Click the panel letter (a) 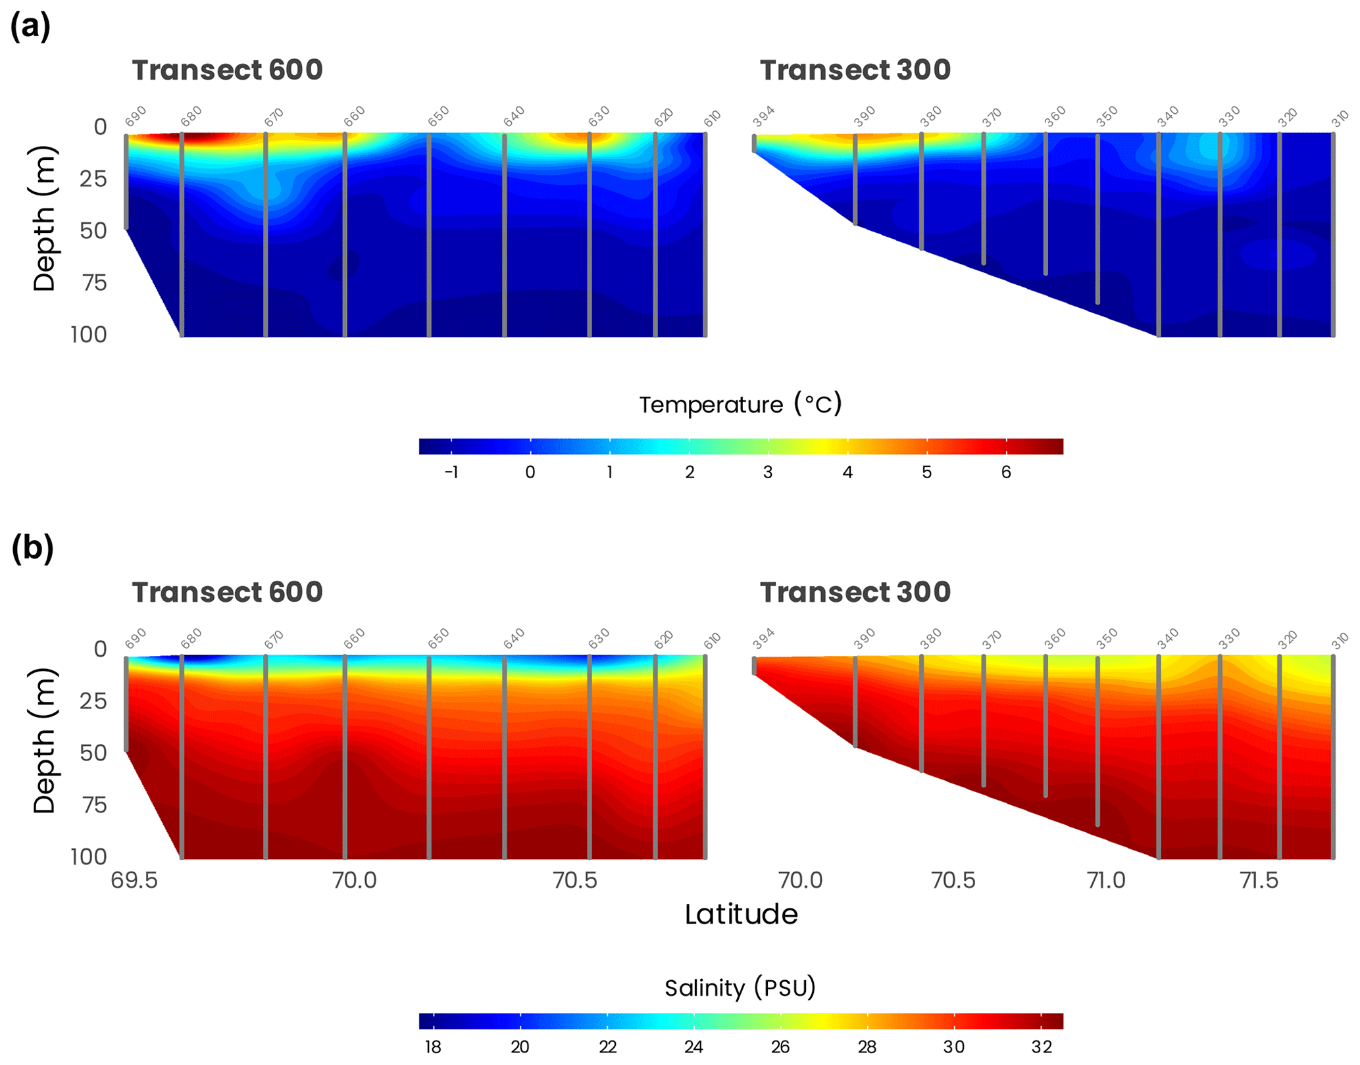(x=30, y=28)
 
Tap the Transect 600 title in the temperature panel (x=227, y=70)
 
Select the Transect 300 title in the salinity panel (x=855, y=592)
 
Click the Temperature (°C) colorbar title (x=740, y=404)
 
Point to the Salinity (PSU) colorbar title (x=740, y=987)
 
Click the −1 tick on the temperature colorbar (x=451, y=472)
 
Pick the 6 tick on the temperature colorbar (x=1005, y=472)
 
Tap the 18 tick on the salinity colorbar (x=433, y=1047)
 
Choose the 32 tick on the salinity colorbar (x=1041, y=1047)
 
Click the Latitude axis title (x=741, y=914)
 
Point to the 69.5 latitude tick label (x=134, y=880)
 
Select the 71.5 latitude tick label (x=1259, y=880)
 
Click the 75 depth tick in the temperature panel (x=93, y=283)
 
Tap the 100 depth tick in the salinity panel (x=88, y=856)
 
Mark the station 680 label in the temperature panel (x=191, y=116)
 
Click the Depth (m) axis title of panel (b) (x=45, y=741)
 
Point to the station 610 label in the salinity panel (x=713, y=640)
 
